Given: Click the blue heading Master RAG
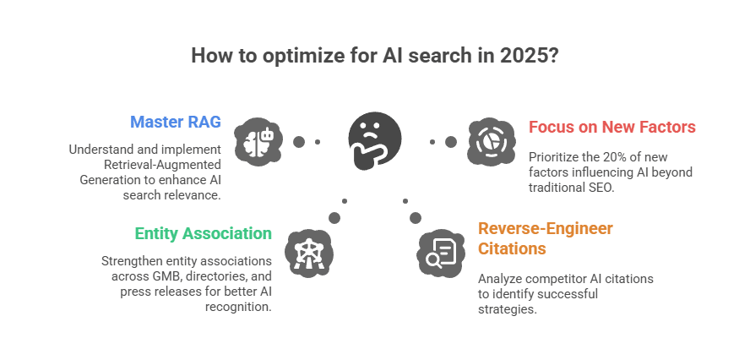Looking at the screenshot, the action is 176,122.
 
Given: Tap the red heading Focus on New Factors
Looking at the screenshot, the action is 611,128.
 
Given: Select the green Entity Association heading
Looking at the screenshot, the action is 204,233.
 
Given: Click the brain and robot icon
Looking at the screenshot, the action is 258,142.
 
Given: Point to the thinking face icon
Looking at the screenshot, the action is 374,142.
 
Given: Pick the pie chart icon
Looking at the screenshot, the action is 492,142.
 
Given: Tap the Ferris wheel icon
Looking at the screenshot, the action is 309,254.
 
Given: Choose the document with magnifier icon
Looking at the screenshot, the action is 441,254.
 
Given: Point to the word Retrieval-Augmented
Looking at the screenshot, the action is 163,165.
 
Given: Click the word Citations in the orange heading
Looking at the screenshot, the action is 512,249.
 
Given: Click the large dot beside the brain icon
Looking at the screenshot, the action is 299,142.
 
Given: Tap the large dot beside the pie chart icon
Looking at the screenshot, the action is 450,142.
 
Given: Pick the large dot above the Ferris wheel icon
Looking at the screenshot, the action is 334,218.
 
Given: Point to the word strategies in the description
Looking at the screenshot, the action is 508,309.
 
